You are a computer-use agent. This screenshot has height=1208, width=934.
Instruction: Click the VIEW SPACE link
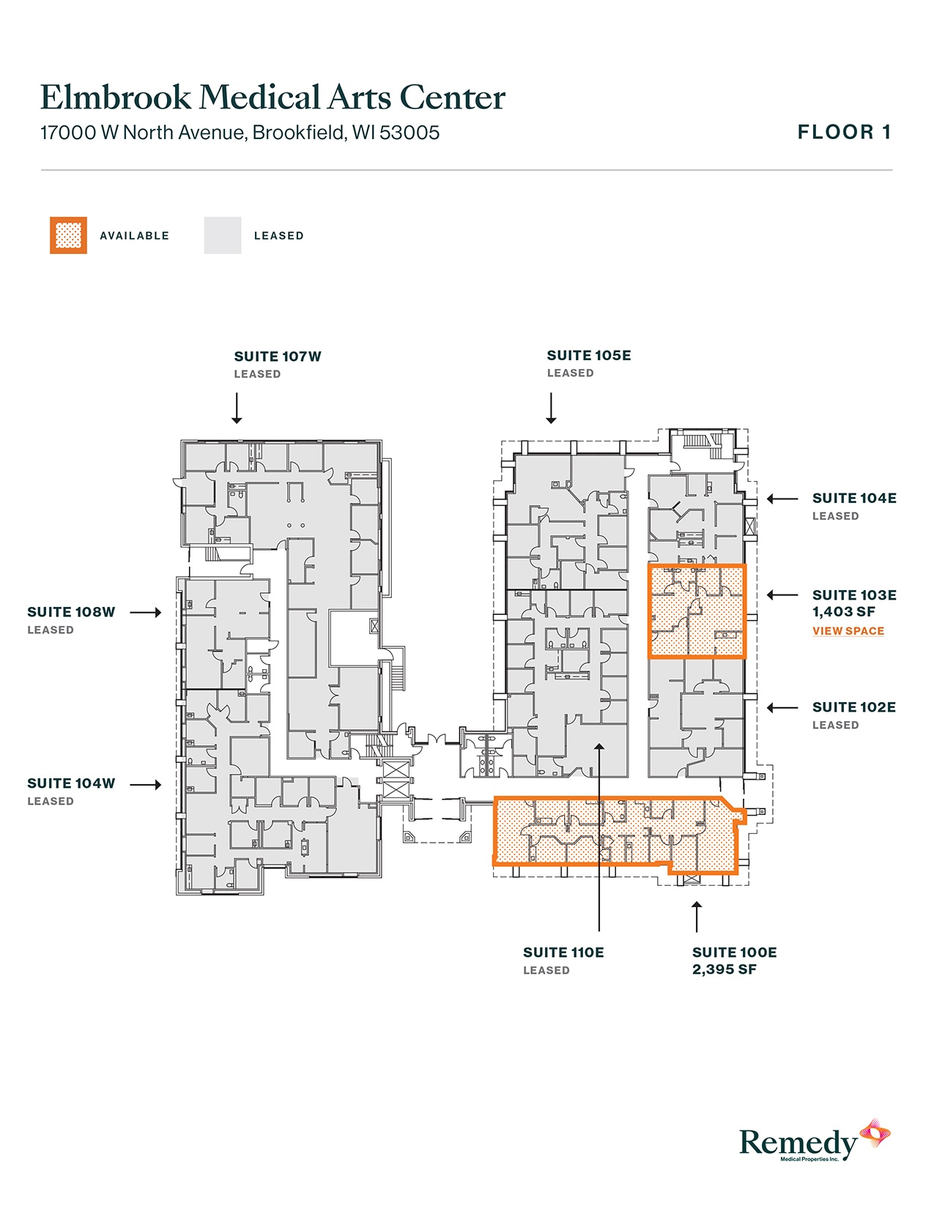click(848, 631)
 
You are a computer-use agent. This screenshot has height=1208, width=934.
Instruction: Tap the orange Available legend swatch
click(68, 236)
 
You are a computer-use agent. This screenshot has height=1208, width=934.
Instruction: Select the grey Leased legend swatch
click(223, 236)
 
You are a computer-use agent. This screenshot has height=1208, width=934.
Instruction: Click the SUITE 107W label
click(278, 357)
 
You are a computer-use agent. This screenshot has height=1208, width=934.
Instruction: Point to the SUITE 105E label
click(588, 356)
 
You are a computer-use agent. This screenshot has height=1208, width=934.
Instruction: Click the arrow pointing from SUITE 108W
click(146, 612)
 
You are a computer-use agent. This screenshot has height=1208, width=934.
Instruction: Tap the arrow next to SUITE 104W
click(146, 785)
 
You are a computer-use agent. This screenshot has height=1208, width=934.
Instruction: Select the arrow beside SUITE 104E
click(782, 499)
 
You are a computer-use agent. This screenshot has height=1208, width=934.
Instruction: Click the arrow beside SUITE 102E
click(782, 708)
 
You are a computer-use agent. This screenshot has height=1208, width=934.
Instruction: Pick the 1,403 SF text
click(843, 612)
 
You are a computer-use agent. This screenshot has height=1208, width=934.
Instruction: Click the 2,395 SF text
click(724, 970)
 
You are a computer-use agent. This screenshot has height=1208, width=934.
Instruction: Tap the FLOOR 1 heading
click(844, 133)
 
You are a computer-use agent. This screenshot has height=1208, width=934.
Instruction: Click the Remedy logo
click(813, 1142)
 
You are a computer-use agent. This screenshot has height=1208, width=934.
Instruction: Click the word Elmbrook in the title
click(116, 97)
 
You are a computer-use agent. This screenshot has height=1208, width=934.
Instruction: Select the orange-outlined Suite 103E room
click(697, 611)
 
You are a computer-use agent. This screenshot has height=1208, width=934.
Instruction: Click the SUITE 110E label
click(563, 952)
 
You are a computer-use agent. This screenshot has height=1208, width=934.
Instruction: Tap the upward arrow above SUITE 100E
click(697, 916)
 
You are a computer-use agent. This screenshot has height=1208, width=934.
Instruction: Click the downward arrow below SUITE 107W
click(237, 408)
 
